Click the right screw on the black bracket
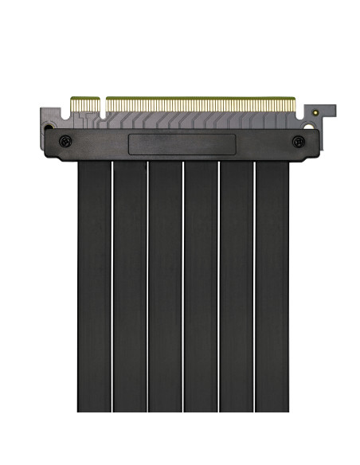point(299,142)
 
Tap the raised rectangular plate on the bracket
point(182,145)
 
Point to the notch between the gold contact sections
point(103,104)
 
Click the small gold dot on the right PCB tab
point(316,113)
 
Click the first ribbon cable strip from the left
point(94,287)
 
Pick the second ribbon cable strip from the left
point(130,287)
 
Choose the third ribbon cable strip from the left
point(165,287)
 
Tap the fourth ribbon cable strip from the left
point(201,287)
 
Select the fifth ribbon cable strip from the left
point(237,287)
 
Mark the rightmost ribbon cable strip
point(272,287)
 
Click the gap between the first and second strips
point(112,287)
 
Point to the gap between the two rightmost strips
point(254,287)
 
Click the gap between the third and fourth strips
point(183,287)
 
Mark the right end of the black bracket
point(316,143)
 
